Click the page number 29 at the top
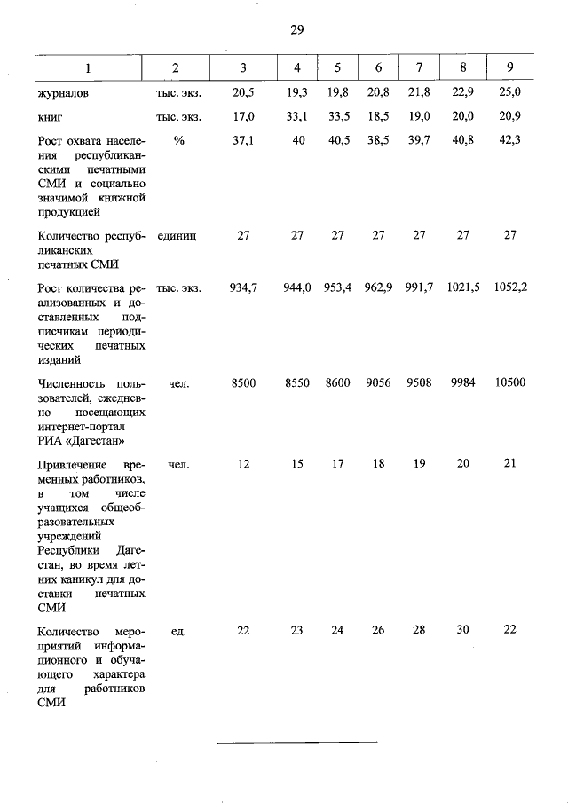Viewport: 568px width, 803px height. (296, 29)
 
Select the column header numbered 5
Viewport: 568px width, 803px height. (337, 67)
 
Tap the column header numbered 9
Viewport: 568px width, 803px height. (509, 67)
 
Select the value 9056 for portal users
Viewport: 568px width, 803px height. (378, 383)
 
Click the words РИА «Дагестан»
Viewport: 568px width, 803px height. (82, 440)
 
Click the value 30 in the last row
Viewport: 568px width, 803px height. (462, 630)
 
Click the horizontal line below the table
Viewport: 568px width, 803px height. (296, 740)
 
